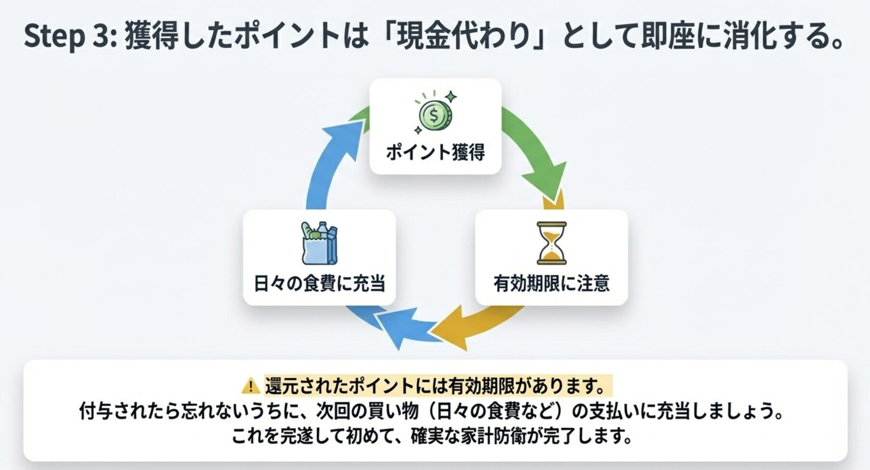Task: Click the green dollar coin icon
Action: click(435, 115)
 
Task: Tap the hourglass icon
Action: click(551, 243)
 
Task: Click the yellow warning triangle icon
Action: click(251, 386)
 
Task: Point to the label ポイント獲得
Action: click(435, 152)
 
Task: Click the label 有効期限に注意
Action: click(551, 283)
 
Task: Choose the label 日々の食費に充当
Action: click(319, 283)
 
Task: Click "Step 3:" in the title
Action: click(70, 37)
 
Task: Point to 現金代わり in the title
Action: click(462, 37)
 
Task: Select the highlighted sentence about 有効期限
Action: click(438, 386)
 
